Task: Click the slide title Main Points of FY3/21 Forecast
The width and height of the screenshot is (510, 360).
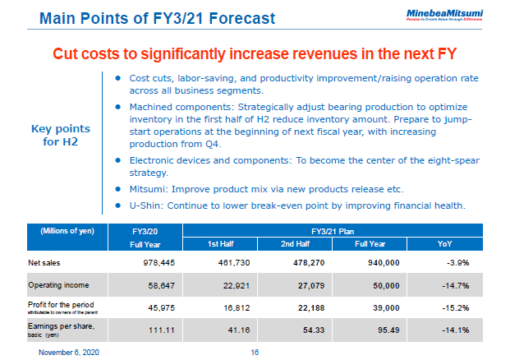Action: coord(157,17)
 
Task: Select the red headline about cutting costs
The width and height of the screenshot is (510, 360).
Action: coord(255,53)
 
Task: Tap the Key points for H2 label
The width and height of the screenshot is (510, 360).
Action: coord(60,136)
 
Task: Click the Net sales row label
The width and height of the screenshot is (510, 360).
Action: coord(46,262)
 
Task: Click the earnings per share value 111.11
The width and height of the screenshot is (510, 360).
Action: coord(154,330)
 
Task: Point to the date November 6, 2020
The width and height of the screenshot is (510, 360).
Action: coord(70,351)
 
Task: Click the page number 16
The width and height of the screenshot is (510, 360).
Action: coord(255,351)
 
